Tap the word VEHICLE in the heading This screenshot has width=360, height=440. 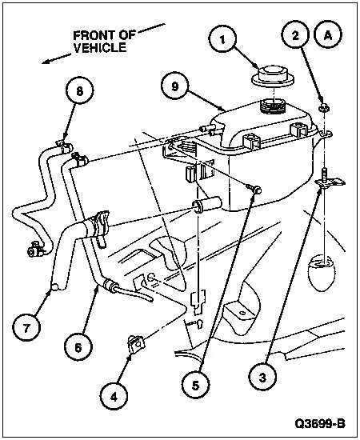coord(99,48)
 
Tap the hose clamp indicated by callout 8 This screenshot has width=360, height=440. coord(60,145)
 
